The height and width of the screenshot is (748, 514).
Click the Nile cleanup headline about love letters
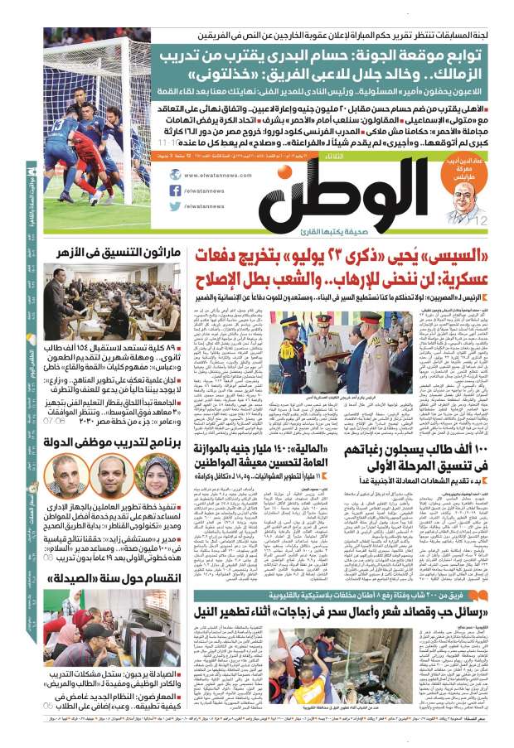[x=332, y=613]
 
